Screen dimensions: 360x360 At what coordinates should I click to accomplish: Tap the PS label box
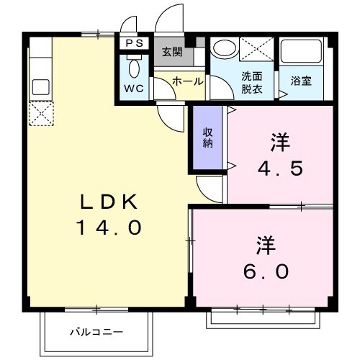click(x=134, y=43)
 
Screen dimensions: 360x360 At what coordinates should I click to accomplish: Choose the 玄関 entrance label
click(x=172, y=52)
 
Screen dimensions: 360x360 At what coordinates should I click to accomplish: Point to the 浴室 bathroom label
click(x=301, y=81)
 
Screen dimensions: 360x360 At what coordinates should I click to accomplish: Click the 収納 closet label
click(x=207, y=137)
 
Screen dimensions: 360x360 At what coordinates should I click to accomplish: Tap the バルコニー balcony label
click(x=96, y=332)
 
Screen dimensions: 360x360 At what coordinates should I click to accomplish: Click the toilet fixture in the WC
click(x=133, y=69)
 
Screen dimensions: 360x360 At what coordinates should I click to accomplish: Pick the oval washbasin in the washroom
click(x=225, y=50)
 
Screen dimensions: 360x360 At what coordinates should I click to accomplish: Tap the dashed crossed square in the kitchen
click(x=40, y=112)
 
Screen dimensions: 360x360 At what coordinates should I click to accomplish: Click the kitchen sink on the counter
click(x=40, y=87)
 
